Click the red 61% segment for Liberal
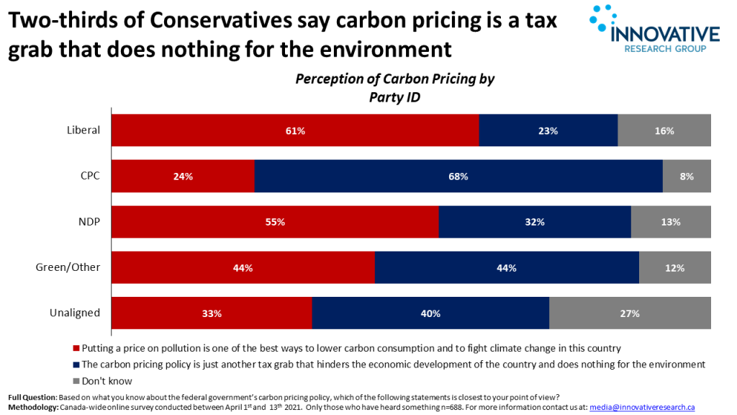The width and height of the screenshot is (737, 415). pyautogui.click(x=295, y=130)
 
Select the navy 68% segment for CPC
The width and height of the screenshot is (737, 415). pyautogui.click(x=458, y=177)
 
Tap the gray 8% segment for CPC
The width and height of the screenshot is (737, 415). pyautogui.click(x=686, y=177)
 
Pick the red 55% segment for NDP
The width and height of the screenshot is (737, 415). pyautogui.click(x=274, y=222)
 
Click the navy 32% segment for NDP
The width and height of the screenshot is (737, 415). pyautogui.click(x=534, y=222)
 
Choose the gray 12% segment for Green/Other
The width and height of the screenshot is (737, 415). pyautogui.click(x=674, y=268)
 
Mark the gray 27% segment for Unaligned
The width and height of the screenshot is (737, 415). pyautogui.click(x=630, y=313)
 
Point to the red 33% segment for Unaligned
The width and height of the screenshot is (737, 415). pyautogui.click(x=211, y=313)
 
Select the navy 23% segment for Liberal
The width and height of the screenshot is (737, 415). pyautogui.click(x=548, y=130)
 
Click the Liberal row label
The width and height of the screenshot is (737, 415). pyautogui.click(x=83, y=130)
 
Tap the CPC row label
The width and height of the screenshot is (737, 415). pyautogui.click(x=89, y=177)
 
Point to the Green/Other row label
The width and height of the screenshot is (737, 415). pyautogui.click(x=68, y=268)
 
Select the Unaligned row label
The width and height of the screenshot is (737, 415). pyautogui.click(x=74, y=313)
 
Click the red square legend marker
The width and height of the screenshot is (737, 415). pyautogui.click(x=76, y=349)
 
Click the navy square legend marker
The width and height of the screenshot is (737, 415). pyautogui.click(x=76, y=365)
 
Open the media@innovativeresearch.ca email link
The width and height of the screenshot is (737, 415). pyautogui.click(x=642, y=408)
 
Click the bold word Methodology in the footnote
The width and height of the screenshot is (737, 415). pyautogui.click(x=32, y=408)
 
